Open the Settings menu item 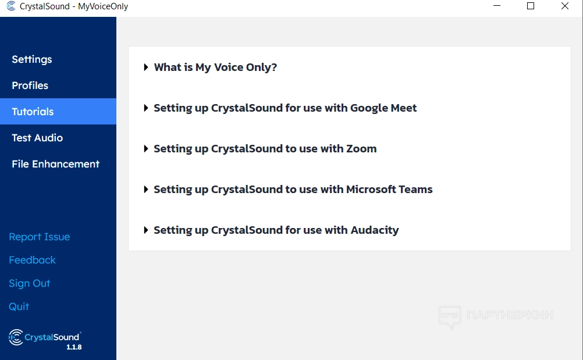32,59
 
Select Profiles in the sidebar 30,85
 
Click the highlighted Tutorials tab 58,112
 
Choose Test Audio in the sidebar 37,138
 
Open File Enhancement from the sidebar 56,164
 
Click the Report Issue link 40,237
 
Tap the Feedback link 33,260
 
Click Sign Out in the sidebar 29,283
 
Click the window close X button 565,6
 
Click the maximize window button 531,6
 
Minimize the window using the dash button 497,6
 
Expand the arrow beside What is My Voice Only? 146,67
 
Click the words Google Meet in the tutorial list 383,108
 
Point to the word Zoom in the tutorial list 361,149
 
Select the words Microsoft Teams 389,190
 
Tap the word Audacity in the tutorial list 375,230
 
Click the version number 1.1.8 74,347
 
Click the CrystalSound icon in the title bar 11,6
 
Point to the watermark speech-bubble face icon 450,317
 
